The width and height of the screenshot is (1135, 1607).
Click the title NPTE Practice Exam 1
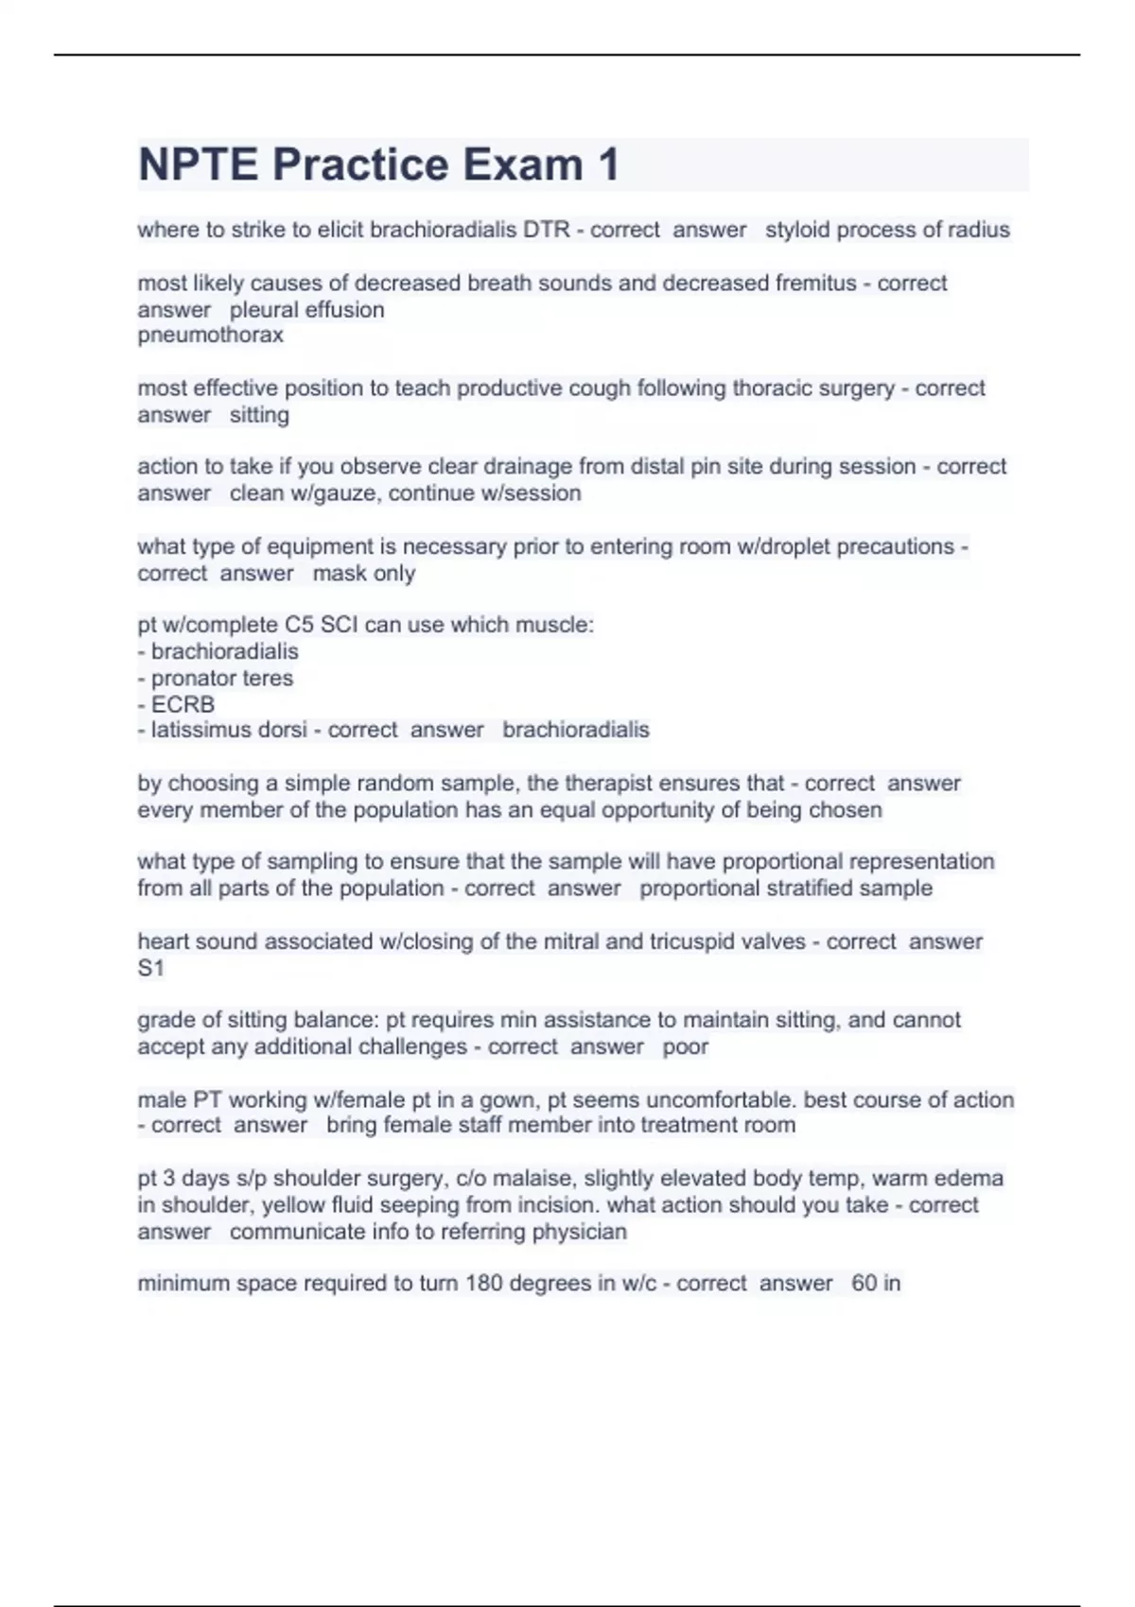[378, 164]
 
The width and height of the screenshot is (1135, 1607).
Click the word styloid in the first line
[798, 230]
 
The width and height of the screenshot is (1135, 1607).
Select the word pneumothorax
[210, 336]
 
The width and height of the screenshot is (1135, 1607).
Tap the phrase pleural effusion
[306, 310]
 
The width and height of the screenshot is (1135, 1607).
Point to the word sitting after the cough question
[259, 415]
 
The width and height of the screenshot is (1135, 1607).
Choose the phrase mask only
[364, 574]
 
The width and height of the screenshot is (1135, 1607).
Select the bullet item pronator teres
[222, 679]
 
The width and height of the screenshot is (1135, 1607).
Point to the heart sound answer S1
[151, 969]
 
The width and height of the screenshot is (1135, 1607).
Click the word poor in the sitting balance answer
[686, 1047]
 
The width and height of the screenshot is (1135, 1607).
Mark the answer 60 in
[876, 1284]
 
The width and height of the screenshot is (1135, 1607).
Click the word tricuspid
[683, 942]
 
